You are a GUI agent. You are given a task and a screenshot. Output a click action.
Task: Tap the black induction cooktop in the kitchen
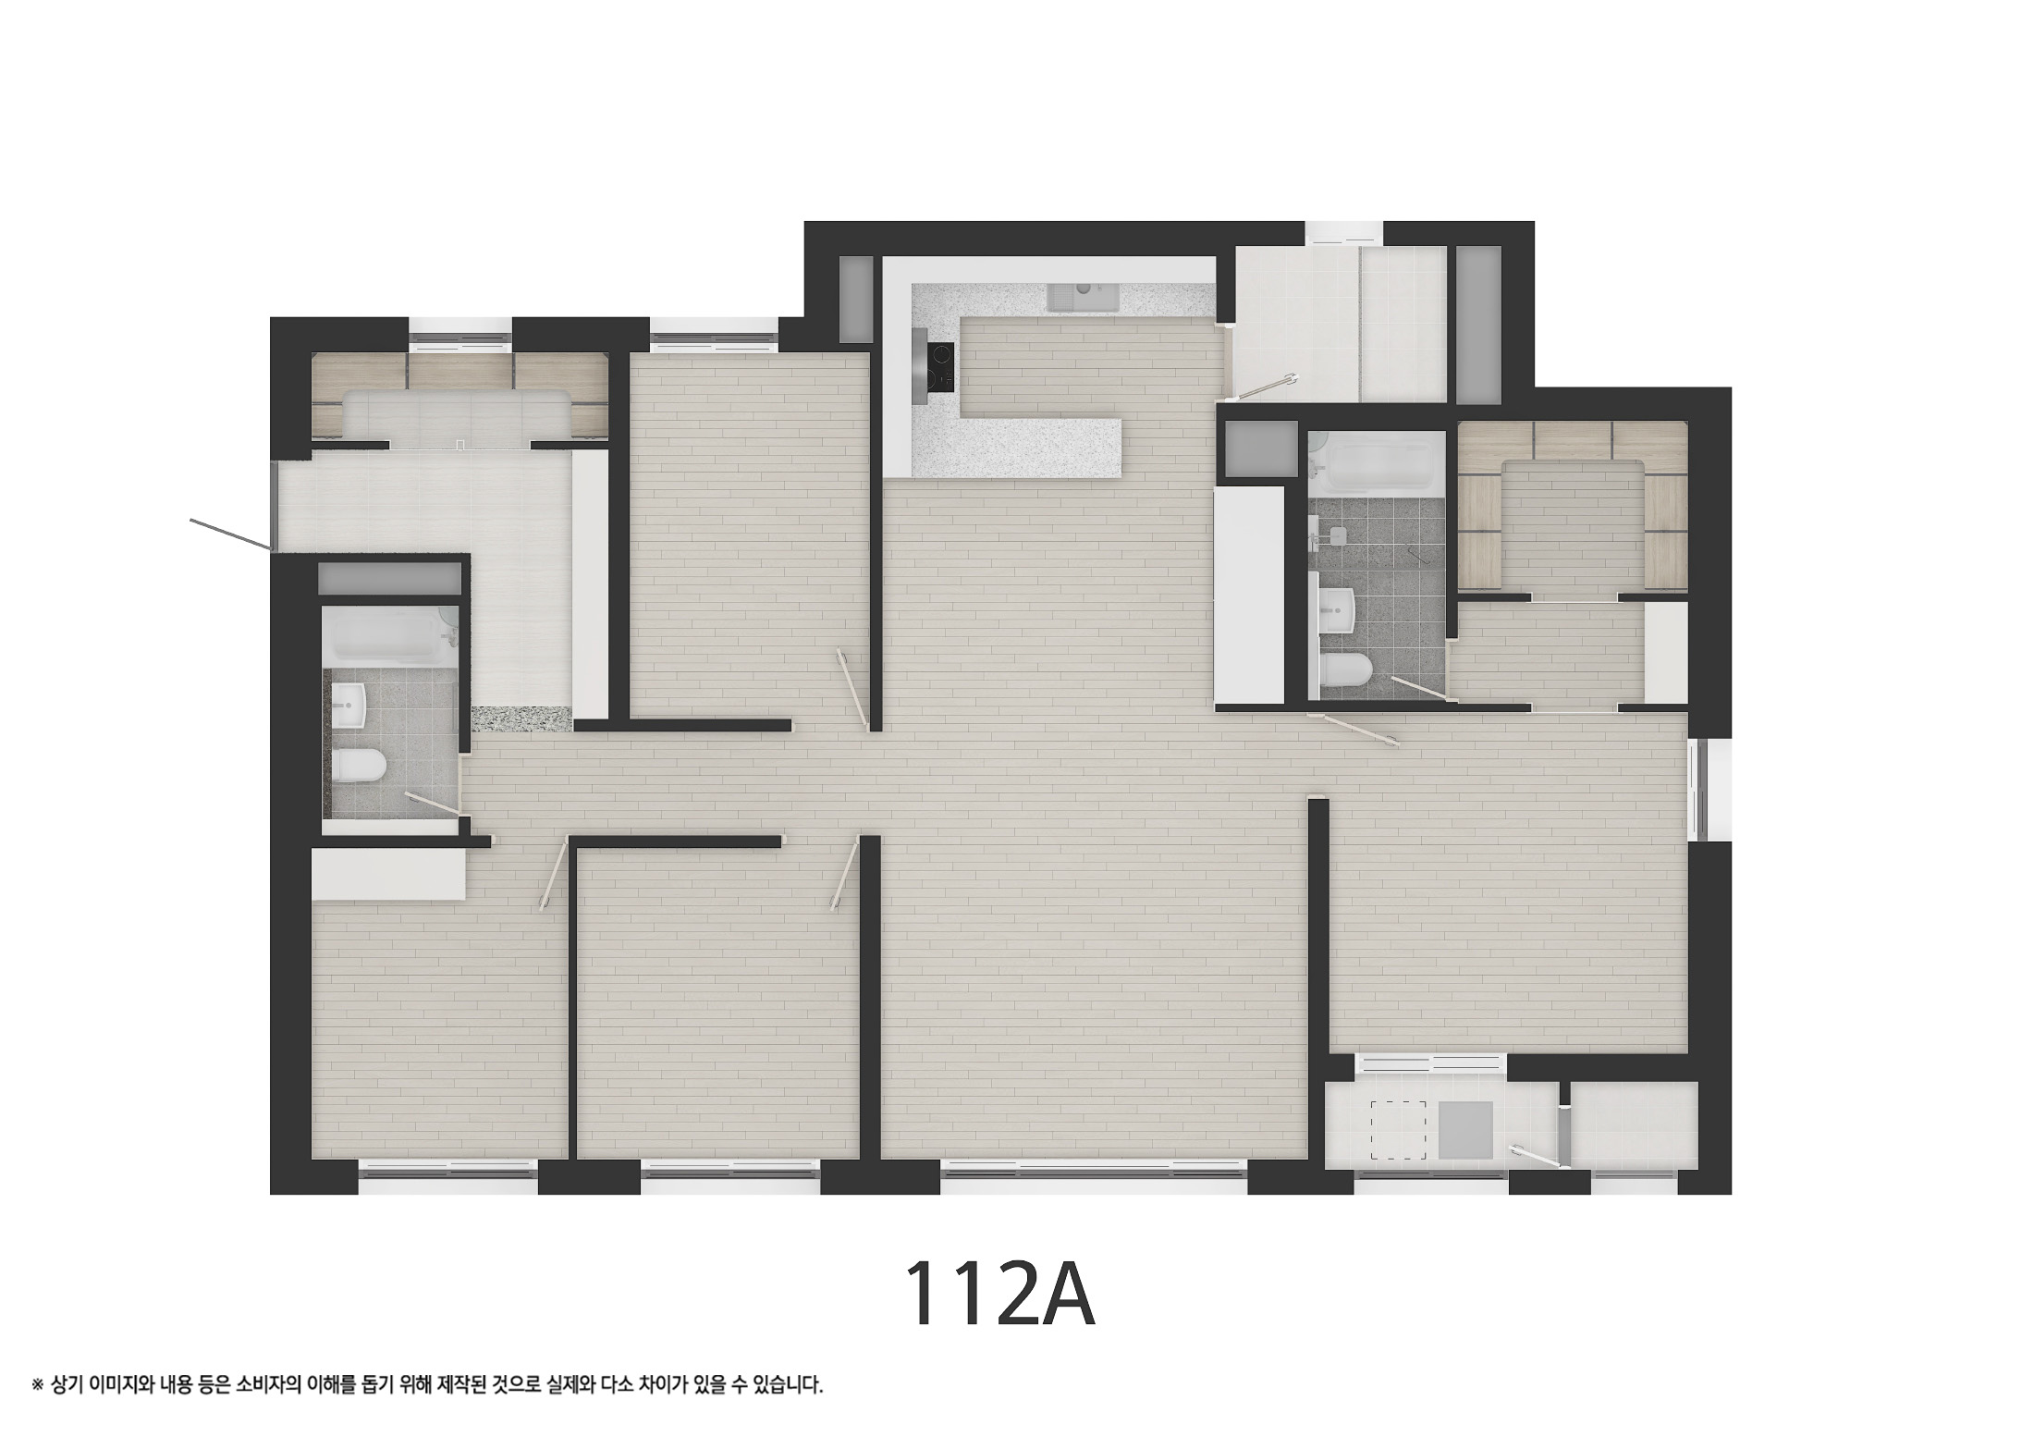click(941, 366)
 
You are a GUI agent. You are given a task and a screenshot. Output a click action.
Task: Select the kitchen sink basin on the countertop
click(1084, 297)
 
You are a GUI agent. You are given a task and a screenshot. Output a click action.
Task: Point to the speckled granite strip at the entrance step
click(521, 718)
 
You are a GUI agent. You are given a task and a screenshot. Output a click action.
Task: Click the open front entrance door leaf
click(231, 534)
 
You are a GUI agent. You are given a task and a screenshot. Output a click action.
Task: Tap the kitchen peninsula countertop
click(1017, 448)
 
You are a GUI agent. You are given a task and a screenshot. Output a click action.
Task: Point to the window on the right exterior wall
click(1696, 789)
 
